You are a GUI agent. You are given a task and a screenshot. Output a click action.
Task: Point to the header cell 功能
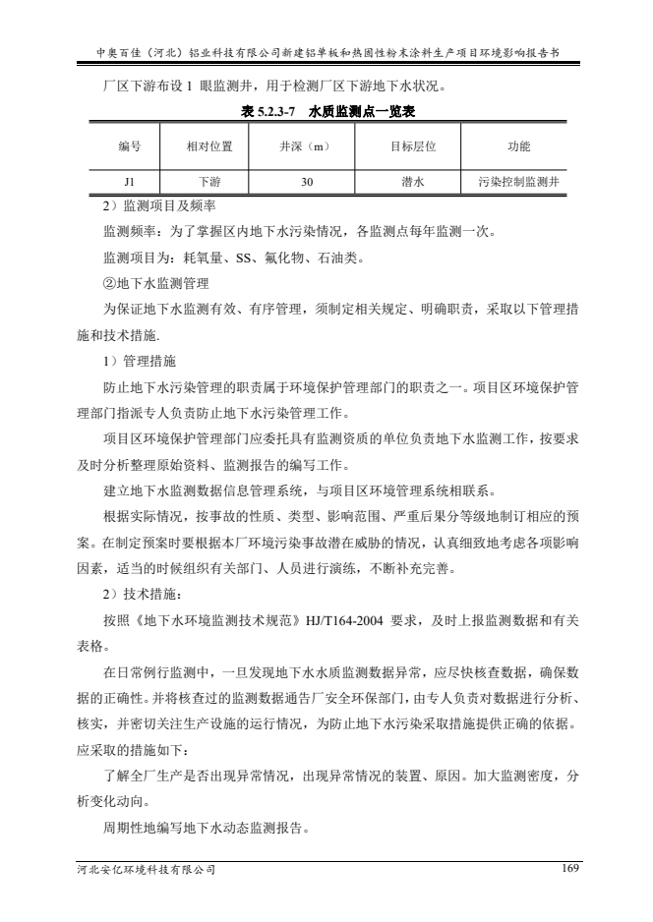518,146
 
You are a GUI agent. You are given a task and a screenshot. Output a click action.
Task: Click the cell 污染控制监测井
518,182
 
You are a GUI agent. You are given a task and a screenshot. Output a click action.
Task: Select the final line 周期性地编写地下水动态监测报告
208,828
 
